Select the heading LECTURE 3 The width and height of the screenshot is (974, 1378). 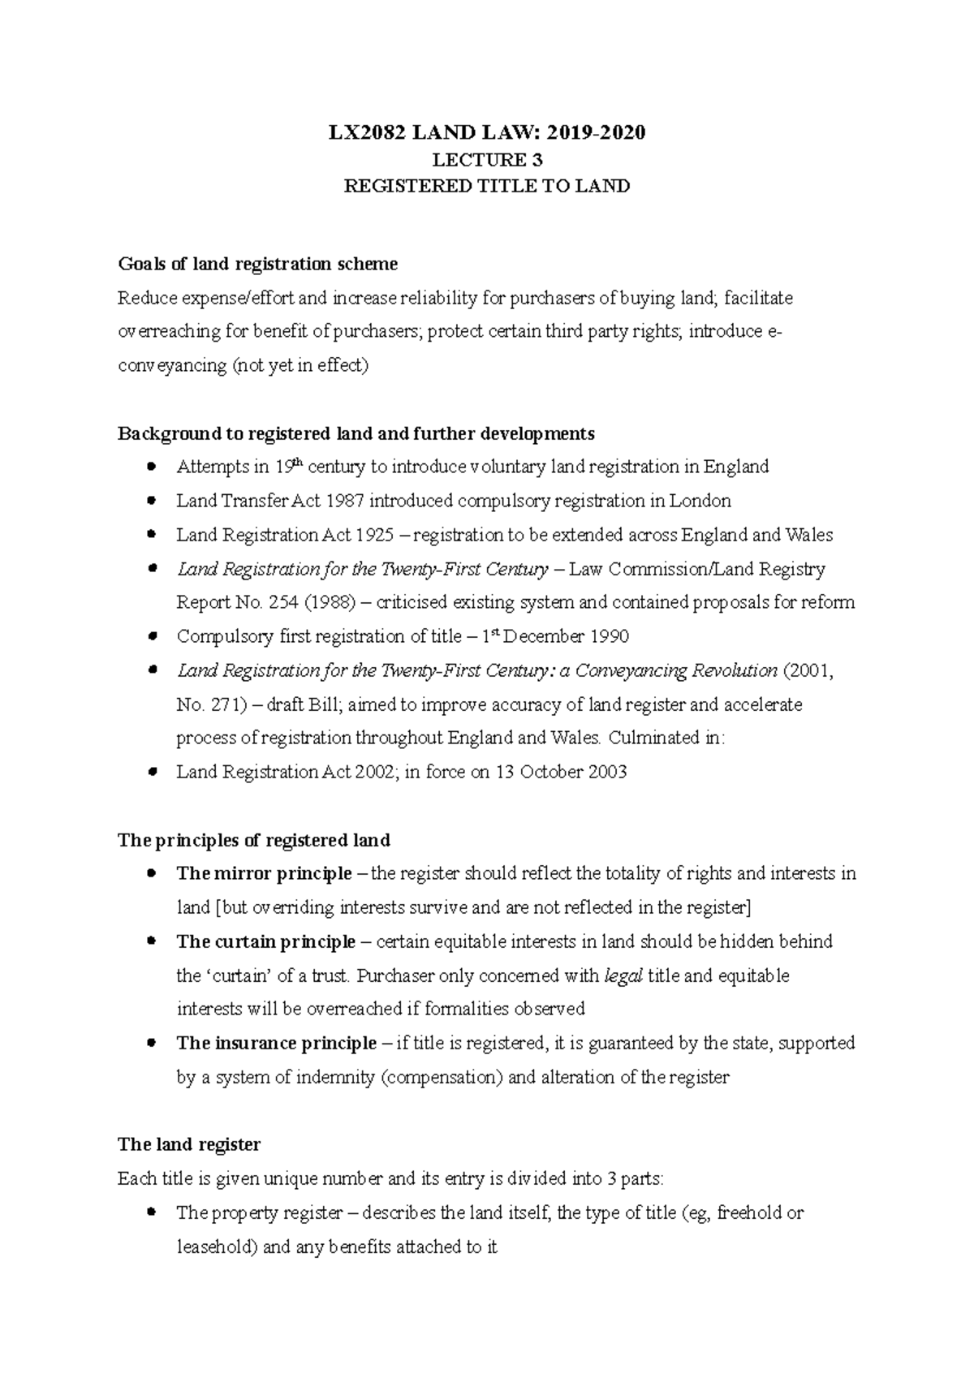(487, 160)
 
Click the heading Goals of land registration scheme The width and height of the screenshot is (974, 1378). (257, 264)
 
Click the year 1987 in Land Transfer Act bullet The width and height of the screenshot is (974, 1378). (344, 501)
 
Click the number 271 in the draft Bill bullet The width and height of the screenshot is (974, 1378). (223, 705)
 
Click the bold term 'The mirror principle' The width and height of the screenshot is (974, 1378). (264, 874)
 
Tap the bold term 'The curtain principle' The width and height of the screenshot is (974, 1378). (265, 942)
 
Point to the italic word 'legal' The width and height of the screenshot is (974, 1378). (624, 975)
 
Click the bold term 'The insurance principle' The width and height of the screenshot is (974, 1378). (276, 1044)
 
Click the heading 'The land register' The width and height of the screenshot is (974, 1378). (189, 1145)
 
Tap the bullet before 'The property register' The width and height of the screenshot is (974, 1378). (152, 1212)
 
